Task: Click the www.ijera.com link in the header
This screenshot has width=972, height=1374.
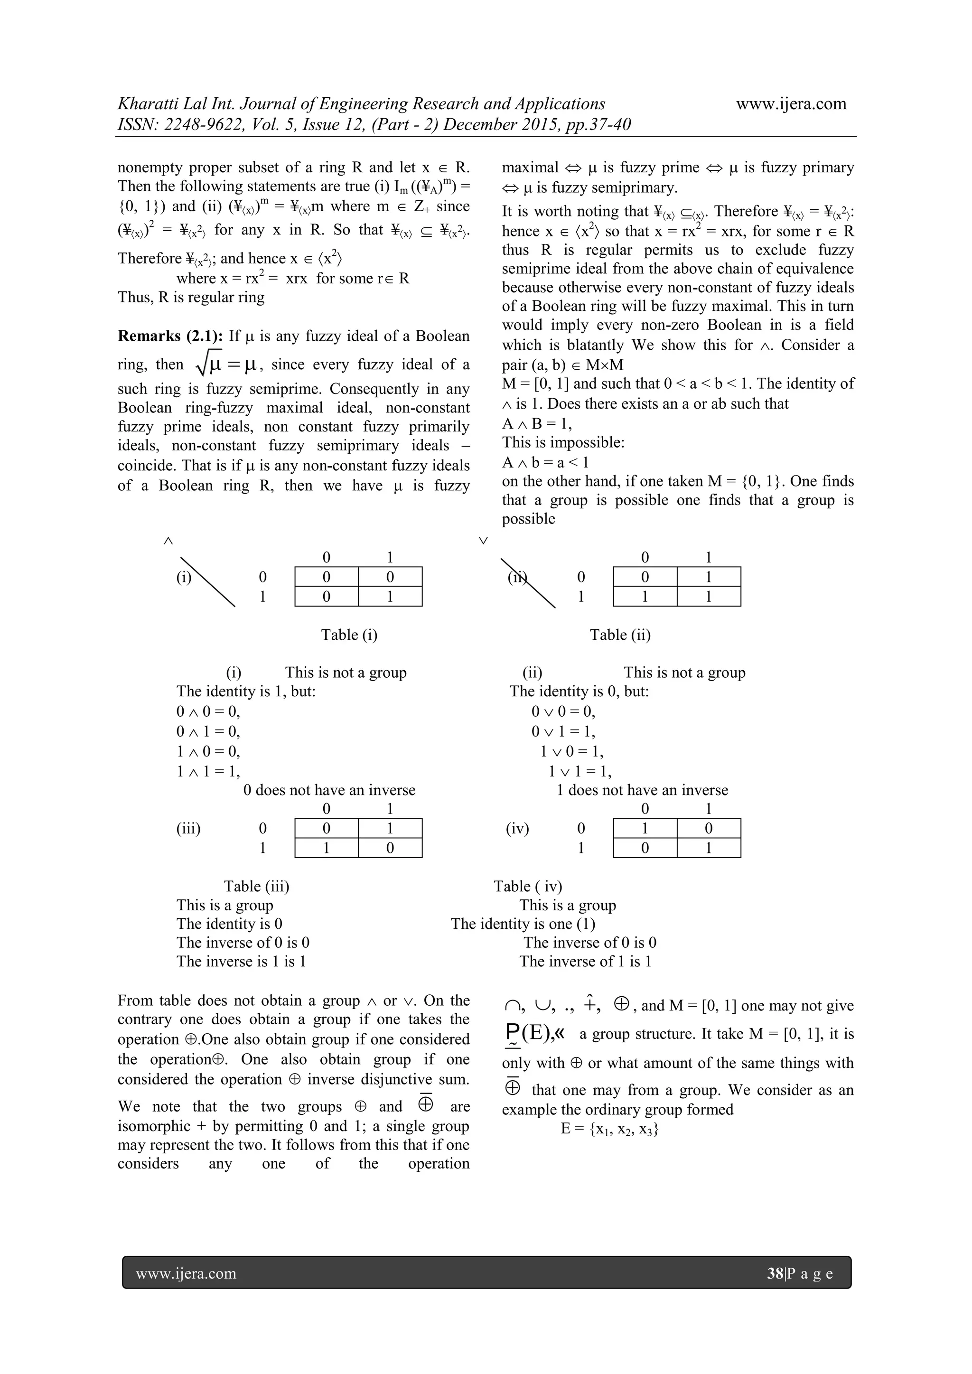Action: coord(791,103)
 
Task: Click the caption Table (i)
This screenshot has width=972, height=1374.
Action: coord(349,635)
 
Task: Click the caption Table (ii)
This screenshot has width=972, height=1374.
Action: coord(620,635)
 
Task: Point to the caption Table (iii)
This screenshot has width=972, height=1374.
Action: coord(256,886)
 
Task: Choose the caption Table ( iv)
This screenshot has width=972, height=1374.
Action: coord(528,886)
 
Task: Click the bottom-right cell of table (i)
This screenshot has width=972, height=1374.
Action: coord(390,597)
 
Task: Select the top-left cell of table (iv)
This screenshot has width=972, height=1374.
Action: coord(645,828)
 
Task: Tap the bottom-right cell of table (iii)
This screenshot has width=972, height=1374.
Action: coord(390,848)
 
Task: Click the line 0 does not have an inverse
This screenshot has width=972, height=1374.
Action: coord(329,790)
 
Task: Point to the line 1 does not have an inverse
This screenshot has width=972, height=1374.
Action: coord(642,790)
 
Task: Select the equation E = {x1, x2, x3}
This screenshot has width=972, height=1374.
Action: coord(610,1129)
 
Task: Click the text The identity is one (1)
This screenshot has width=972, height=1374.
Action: coord(523,924)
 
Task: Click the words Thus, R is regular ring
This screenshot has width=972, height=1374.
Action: coord(191,298)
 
